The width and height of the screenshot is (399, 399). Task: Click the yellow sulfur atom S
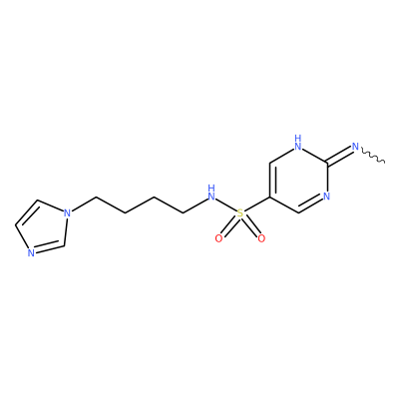click(x=239, y=213)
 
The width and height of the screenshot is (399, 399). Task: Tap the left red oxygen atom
click(x=218, y=238)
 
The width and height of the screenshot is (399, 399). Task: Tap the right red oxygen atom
click(x=261, y=238)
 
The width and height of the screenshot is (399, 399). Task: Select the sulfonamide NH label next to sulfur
click(x=211, y=193)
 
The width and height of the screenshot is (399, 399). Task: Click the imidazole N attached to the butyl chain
click(x=68, y=212)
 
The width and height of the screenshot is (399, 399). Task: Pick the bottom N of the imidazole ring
click(x=31, y=253)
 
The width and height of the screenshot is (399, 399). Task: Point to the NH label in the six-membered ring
click(x=298, y=143)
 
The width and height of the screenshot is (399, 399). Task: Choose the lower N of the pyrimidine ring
click(x=326, y=197)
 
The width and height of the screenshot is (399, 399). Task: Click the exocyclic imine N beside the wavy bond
click(x=355, y=147)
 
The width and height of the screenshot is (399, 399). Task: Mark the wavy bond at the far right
click(x=372, y=157)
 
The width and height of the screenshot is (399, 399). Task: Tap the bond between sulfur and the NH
click(x=225, y=204)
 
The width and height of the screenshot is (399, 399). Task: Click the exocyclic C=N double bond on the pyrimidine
click(x=339, y=156)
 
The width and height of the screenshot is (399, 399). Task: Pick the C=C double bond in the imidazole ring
click(x=27, y=212)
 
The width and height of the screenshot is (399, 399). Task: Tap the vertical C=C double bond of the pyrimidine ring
click(x=272, y=181)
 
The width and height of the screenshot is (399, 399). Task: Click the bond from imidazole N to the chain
click(x=83, y=204)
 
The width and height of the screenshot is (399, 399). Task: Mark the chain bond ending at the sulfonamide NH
click(x=196, y=205)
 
